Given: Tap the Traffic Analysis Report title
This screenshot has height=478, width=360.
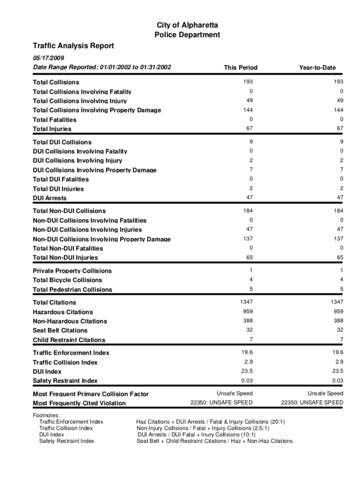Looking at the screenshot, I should tap(73, 46).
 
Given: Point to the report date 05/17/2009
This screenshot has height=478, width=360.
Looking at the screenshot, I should tap(48, 58).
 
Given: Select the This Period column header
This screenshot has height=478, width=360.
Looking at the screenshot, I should tap(241, 68).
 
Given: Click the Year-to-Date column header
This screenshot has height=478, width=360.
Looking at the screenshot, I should tap(317, 68).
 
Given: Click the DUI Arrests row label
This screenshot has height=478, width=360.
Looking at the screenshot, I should tap(50, 198).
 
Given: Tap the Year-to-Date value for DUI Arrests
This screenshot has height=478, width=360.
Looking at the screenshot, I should tap(339, 197).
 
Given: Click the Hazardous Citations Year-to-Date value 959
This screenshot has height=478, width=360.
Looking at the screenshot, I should tap(338, 311).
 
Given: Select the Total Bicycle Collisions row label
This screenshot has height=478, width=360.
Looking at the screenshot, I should tap(67, 280).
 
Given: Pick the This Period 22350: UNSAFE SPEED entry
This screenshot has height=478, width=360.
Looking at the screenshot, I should tap(221, 402).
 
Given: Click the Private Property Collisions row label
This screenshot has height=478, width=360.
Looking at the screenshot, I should tap(72, 271).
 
